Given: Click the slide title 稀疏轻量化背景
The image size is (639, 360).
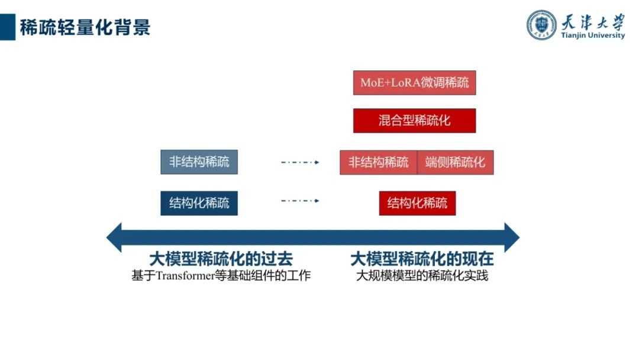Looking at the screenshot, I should tap(85, 27).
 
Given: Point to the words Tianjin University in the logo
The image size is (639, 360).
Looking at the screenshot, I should tap(593, 36).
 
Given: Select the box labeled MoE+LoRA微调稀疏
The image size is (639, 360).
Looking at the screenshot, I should tap(414, 83).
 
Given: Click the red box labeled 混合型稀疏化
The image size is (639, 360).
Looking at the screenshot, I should tap(414, 121).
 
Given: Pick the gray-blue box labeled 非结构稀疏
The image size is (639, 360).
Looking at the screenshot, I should tap(199, 162).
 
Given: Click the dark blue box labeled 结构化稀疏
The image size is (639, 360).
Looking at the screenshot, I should tap(199, 204).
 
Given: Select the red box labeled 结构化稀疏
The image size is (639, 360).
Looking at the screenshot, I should tap(417, 204).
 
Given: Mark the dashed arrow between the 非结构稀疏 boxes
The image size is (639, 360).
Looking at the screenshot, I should tap(300, 162).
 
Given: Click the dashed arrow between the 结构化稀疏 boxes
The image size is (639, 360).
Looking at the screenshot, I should tap(300, 201).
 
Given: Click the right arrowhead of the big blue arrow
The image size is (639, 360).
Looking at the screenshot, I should tap(511, 237).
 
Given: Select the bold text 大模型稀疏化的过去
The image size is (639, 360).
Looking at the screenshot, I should tap(221, 259).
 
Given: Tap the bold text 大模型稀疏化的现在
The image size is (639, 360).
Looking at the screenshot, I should tap(422, 259).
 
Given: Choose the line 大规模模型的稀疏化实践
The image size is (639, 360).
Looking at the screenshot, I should tap(422, 276).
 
